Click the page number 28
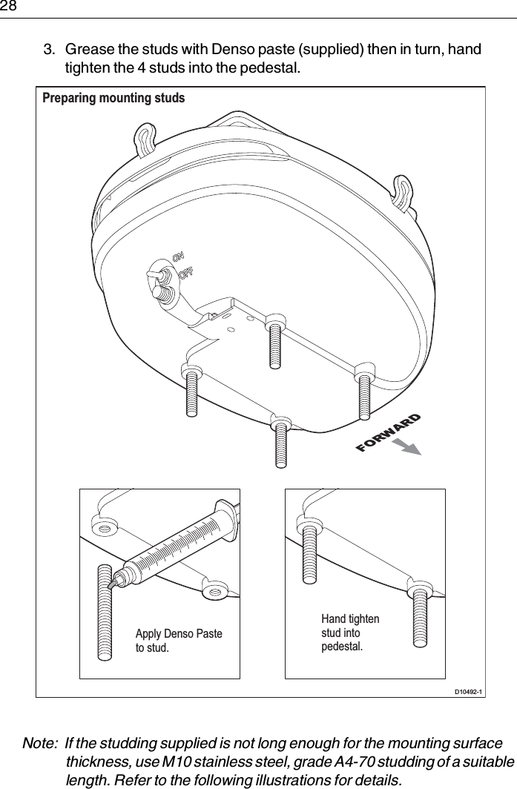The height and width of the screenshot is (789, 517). pyautogui.click(x=8, y=7)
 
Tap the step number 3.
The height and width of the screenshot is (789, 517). pyautogui.click(x=47, y=50)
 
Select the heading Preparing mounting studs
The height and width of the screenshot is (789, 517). pyautogui.click(x=113, y=98)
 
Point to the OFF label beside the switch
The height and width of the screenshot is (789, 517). pyautogui.click(x=186, y=273)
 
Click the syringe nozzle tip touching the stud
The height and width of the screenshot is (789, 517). pyautogui.click(x=111, y=584)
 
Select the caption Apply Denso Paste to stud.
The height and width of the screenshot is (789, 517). pyautogui.click(x=178, y=641)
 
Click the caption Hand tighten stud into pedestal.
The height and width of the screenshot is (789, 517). pyautogui.click(x=350, y=633)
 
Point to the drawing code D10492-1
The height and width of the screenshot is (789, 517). pyautogui.click(x=467, y=692)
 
